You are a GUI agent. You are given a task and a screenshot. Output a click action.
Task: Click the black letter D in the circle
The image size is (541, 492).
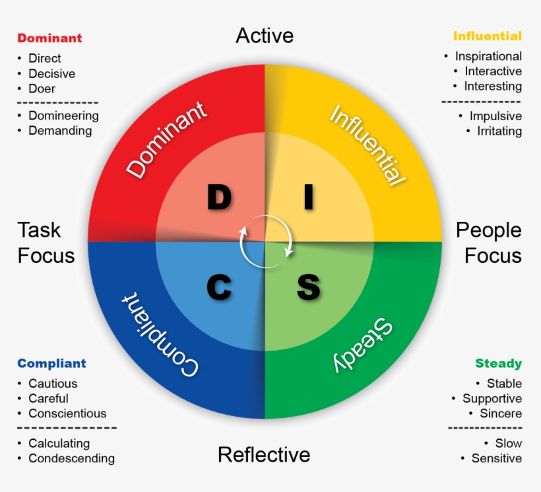point(220,197)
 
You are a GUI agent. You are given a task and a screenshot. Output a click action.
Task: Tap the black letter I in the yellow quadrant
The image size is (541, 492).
point(308,197)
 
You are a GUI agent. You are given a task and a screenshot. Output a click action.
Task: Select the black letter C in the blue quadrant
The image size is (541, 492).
point(220,287)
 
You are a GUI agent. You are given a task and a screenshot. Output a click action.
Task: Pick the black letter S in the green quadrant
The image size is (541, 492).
point(308,287)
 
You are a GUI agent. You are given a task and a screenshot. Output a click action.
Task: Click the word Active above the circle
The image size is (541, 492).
point(265,35)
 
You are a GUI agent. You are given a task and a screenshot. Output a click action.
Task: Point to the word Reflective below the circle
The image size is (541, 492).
point(264,454)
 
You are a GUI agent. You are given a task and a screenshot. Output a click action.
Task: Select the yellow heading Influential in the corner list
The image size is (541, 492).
point(488,36)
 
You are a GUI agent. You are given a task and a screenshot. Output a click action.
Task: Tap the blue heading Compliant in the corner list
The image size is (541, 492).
point(51,363)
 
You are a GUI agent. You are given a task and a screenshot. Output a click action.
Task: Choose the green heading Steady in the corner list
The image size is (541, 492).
point(498,363)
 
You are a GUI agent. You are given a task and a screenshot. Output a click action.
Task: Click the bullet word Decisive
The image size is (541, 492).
point(51,74)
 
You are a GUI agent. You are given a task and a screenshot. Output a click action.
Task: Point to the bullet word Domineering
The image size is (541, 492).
point(63,116)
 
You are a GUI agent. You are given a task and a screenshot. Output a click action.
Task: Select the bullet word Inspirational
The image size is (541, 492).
point(488,56)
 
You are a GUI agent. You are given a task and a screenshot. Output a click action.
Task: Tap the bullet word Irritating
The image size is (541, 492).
point(499,131)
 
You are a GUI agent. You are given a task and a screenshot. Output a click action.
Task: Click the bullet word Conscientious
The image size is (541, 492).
point(67,413)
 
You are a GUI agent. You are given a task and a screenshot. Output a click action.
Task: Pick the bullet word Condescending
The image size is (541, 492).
point(71,458)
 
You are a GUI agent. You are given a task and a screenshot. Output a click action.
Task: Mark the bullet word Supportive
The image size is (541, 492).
point(492,398)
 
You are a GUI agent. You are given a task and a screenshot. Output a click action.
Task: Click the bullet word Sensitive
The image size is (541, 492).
point(497,458)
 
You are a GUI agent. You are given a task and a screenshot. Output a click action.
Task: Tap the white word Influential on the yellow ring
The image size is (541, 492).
point(366,145)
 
